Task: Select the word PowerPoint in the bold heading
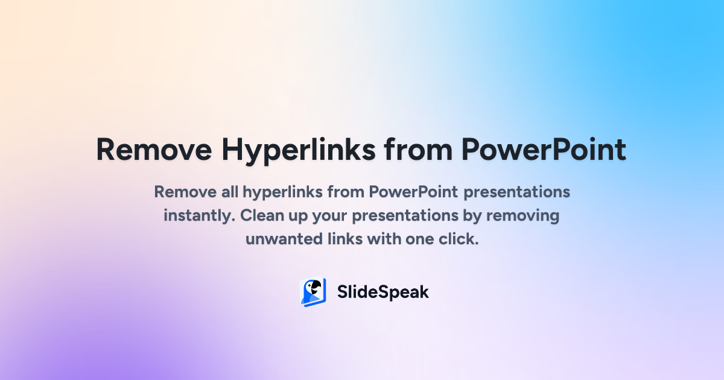click(x=543, y=150)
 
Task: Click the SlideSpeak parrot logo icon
click(x=313, y=293)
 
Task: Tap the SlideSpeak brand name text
click(x=383, y=293)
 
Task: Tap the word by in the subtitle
click(x=474, y=215)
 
